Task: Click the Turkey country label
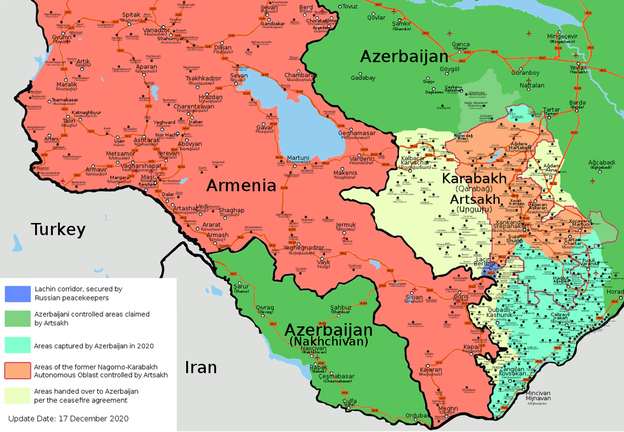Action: (x=58, y=229)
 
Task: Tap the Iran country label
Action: (x=201, y=367)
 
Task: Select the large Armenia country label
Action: (x=241, y=186)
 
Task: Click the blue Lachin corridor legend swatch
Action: (x=18, y=293)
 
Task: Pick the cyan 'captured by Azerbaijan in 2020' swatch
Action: (x=18, y=345)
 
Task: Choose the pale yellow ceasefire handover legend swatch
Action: (x=18, y=395)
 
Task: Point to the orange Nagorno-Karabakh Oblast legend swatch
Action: (x=18, y=370)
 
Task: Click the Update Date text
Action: (x=69, y=418)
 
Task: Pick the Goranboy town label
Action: (x=525, y=73)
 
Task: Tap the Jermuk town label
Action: (x=346, y=225)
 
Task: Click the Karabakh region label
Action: (x=474, y=178)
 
